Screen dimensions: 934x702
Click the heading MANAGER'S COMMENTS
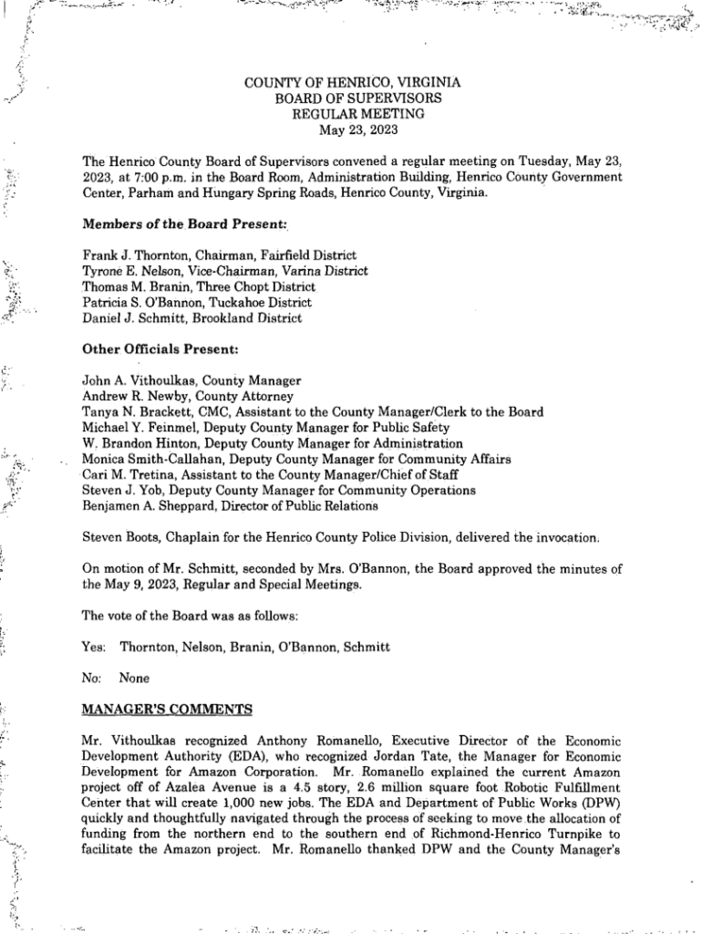point(154,709)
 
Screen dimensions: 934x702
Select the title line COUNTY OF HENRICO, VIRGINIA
point(352,83)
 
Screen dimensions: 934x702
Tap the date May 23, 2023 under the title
point(352,129)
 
